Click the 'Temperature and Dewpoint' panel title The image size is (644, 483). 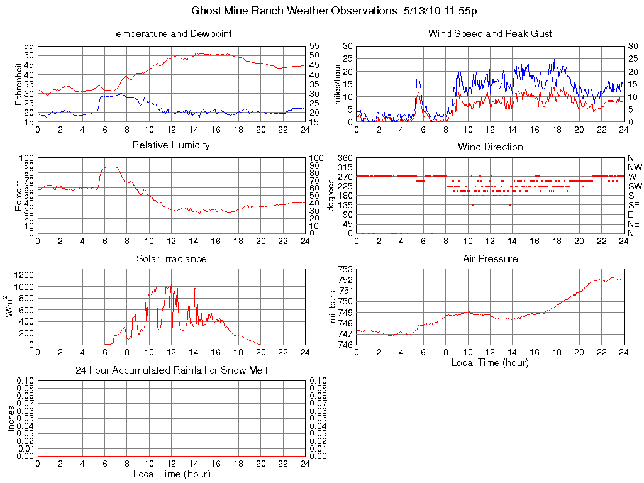coord(171,33)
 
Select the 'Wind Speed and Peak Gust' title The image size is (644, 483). coord(490,33)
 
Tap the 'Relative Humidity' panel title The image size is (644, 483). coord(171,145)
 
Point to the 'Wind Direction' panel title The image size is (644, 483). coord(490,147)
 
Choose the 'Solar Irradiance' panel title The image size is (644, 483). coord(171,258)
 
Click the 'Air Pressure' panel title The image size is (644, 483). coord(490,258)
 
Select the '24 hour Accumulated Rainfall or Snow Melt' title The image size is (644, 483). coord(171,370)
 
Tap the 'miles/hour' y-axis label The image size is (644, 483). coord(338,84)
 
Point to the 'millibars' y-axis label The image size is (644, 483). coord(334,306)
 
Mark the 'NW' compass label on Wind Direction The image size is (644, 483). coord(634,167)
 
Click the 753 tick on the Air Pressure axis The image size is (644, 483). coord(345,269)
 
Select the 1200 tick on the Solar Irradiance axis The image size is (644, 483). coord(23,275)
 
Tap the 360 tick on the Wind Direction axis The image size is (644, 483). coord(344,157)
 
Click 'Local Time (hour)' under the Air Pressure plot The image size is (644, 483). coord(490,362)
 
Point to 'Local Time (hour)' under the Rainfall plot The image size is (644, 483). coord(171,474)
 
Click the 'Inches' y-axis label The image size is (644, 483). coord(11,418)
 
